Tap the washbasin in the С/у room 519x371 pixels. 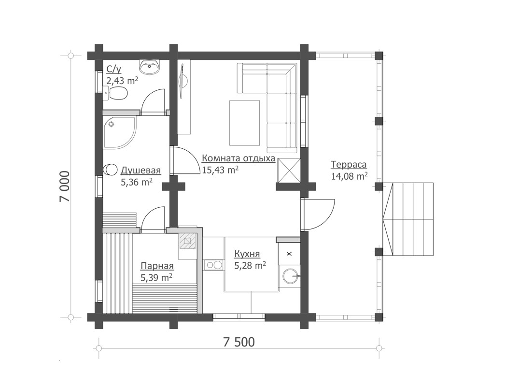tap(150, 66)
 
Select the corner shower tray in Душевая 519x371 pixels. tap(119, 132)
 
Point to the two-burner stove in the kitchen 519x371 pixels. tap(213, 265)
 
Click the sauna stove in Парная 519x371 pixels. tap(188, 240)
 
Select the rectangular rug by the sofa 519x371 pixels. tap(244, 123)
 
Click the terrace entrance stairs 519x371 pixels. tap(408, 219)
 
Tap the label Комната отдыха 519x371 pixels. tap(238, 158)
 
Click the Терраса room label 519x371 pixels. tap(349, 165)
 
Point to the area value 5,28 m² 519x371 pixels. tap(250, 265)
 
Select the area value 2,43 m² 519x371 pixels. tap(122, 81)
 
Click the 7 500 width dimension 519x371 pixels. tap(239, 342)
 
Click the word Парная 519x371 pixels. tap(157, 266)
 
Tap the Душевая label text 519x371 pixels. tap(140, 171)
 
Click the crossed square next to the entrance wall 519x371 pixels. tap(289, 171)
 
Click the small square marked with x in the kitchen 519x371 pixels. tap(289, 254)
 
